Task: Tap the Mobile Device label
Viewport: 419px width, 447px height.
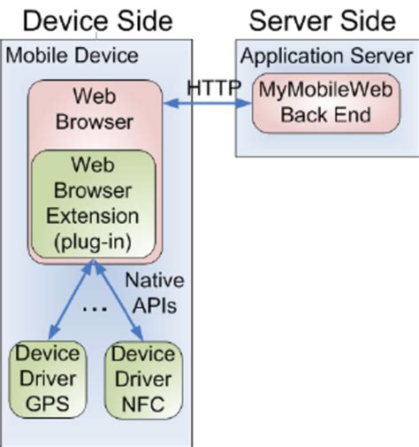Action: pos(72,56)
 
